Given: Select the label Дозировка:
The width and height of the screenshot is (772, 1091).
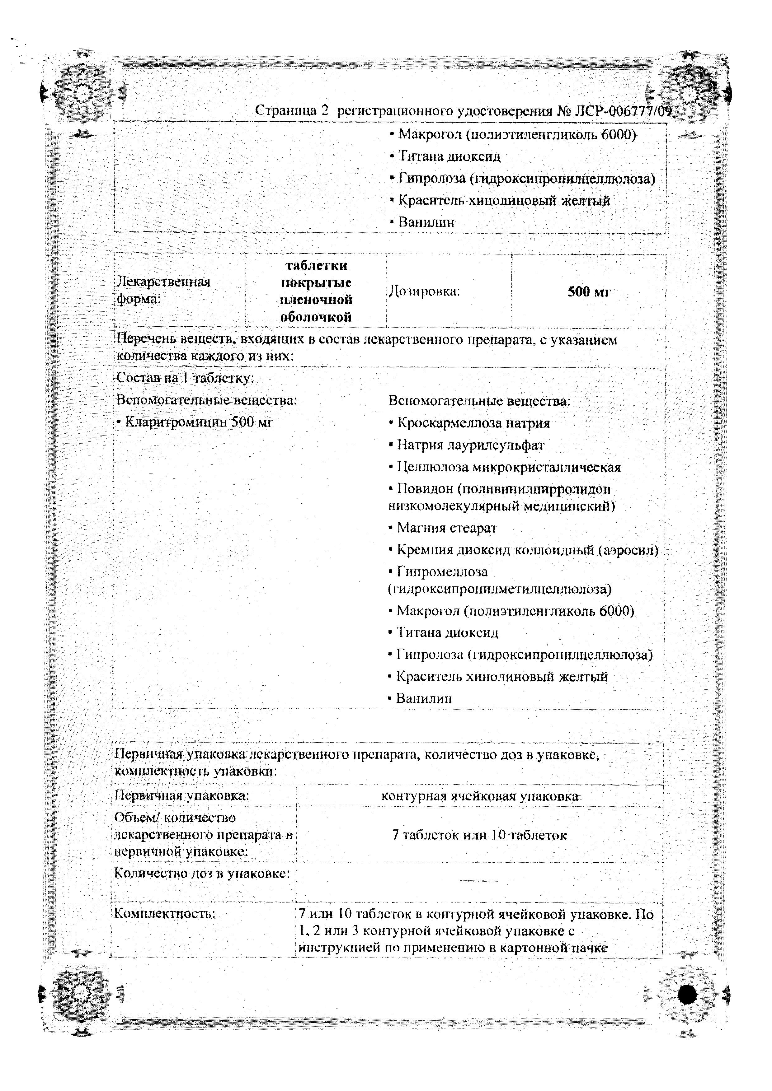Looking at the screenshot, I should [x=425, y=291].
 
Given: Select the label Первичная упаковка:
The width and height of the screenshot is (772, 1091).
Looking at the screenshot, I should [x=182, y=795].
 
